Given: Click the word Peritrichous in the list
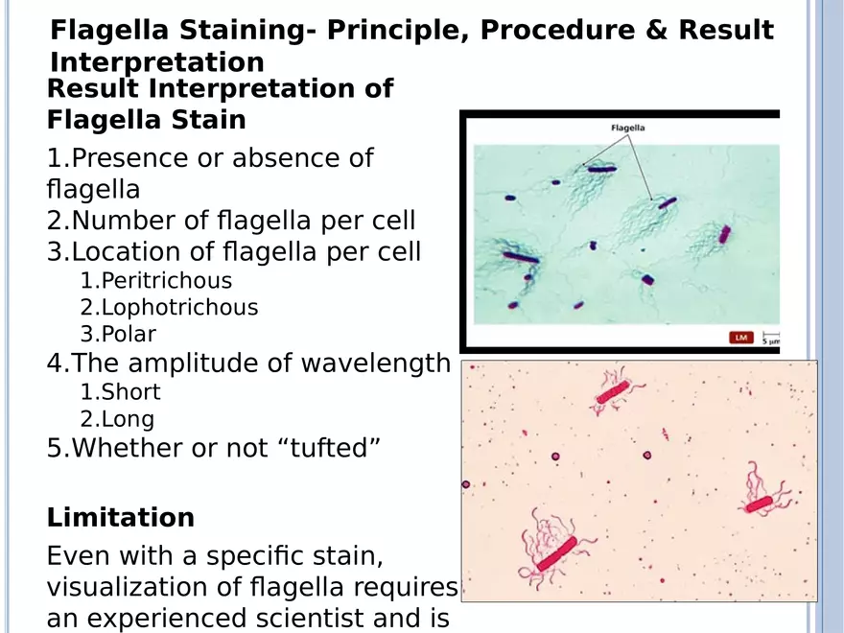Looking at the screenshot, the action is pos(166,281).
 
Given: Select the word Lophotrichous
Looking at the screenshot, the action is pos(179,307).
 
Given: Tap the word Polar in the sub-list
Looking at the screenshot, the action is pos(129,334).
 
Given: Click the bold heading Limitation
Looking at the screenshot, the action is pos(121,517).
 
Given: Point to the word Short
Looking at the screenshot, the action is pos(130,392).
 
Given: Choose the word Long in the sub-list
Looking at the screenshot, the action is pos(128,419).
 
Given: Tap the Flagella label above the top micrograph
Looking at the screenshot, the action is pos(627,128).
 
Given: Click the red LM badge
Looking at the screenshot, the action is pos(741,338).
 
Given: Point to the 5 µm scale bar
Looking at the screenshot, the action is pos(771,338).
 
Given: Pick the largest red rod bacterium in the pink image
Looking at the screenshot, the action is pos(556,554).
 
